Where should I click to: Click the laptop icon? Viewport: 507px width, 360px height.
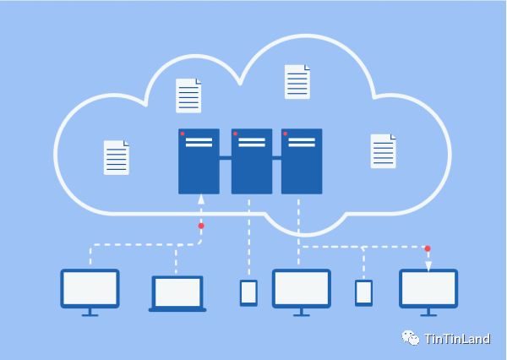[177, 294]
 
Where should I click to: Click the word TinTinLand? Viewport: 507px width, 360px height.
[457, 339]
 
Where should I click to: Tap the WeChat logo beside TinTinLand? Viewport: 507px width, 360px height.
[411, 338]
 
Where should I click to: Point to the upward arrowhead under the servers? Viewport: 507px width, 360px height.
[201, 199]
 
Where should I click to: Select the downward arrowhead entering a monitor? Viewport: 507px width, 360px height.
[428, 266]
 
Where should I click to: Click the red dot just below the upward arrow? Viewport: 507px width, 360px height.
[201, 226]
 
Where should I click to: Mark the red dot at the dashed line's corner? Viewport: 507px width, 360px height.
[428, 248]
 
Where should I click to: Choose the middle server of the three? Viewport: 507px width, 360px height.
[252, 161]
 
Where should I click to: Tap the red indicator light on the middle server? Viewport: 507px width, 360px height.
[236, 134]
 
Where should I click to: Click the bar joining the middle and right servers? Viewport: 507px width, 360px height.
[277, 158]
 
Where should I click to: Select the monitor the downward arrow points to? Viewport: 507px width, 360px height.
[428, 292]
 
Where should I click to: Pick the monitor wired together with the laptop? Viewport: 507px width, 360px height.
[90, 292]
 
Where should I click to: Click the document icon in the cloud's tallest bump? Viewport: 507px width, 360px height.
[297, 82]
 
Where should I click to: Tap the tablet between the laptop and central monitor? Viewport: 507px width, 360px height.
[248, 293]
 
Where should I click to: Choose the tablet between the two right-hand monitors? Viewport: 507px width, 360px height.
[363, 293]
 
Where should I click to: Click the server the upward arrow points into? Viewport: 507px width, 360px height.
[199, 161]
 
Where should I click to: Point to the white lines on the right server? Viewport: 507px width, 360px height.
[302, 142]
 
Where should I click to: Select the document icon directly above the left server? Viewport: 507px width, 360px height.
[188, 95]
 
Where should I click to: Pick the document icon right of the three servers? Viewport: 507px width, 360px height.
[383, 151]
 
